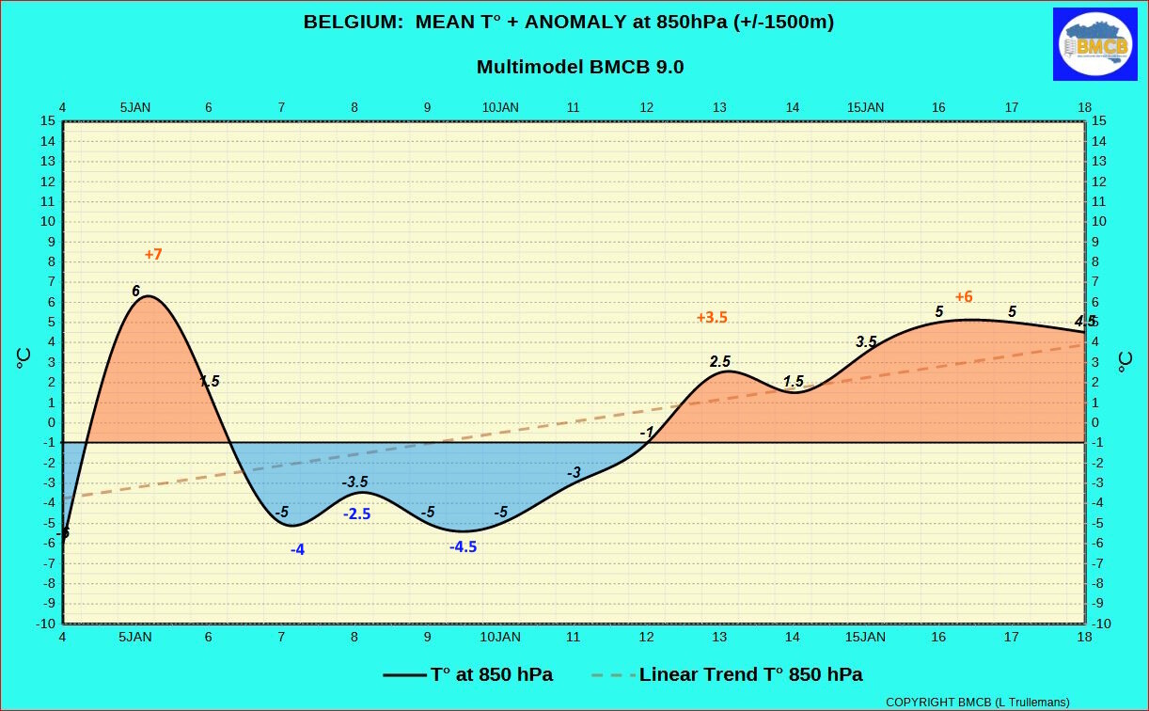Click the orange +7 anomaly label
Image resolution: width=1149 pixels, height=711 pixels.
[153, 255]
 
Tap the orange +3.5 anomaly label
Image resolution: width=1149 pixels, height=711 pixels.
[712, 318]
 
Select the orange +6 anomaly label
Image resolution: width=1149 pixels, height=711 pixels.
[964, 296]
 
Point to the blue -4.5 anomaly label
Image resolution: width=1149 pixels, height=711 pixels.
[464, 546]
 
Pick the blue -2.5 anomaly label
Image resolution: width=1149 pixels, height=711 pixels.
[357, 514]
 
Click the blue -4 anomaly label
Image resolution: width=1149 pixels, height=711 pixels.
[297, 550]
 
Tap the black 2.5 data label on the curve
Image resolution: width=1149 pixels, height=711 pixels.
[720, 362]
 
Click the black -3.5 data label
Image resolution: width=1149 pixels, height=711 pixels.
[355, 482]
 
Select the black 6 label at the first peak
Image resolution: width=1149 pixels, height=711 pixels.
[135, 291]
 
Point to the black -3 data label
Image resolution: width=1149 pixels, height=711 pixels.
[574, 472]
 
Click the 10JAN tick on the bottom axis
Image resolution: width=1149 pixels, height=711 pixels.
[500, 637]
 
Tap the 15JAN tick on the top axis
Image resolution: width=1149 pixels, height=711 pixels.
[865, 108]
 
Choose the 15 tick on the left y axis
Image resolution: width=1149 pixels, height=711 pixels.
[48, 121]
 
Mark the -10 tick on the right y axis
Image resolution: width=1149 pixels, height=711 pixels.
[1101, 624]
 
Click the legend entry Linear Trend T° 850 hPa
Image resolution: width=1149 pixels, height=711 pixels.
[727, 674]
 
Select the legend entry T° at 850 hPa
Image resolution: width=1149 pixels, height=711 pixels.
[468, 674]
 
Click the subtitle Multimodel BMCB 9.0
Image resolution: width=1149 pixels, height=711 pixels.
[580, 67]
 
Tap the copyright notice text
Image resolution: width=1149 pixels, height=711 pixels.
[978, 703]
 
